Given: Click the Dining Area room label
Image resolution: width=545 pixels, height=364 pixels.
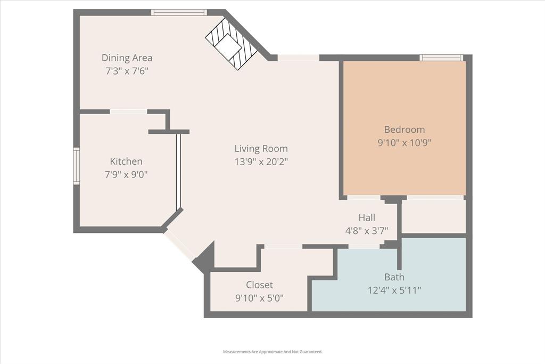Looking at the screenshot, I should pyautogui.click(x=127, y=58).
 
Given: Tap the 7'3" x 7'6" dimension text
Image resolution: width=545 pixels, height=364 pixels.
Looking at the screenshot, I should pyautogui.click(x=127, y=70).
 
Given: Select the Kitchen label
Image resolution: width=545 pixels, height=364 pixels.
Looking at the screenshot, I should pyautogui.click(x=126, y=161).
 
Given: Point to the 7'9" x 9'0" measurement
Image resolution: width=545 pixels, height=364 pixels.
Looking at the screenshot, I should pyautogui.click(x=126, y=174).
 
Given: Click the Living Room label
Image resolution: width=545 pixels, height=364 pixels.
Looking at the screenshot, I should pyautogui.click(x=261, y=149).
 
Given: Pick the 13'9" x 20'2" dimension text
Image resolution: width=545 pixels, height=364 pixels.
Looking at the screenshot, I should pyautogui.click(x=261, y=161).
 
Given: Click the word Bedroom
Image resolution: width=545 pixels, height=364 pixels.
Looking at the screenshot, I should pyautogui.click(x=404, y=130).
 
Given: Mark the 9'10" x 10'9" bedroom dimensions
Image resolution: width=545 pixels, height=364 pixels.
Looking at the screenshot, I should pyautogui.click(x=404, y=142).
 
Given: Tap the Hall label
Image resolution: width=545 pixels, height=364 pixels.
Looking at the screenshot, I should pyautogui.click(x=367, y=217).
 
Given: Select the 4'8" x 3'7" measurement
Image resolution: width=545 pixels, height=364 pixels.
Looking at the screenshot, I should pyautogui.click(x=367, y=230).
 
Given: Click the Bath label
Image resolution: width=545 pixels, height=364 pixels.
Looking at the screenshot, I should pyautogui.click(x=394, y=277).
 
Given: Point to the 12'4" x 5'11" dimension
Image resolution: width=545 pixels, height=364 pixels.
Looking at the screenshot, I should pyautogui.click(x=394, y=290).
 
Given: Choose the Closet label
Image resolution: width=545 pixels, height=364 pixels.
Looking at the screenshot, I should pyautogui.click(x=259, y=285).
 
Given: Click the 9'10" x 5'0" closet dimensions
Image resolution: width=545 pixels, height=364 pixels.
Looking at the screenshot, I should pyautogui.click(x=259, y=297).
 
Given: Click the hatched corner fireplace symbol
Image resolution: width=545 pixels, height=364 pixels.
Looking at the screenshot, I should pyautogui.click(x=232, y=44).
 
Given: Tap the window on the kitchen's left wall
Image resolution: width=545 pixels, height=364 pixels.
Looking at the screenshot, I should pyautogui.click(x=76, y=166).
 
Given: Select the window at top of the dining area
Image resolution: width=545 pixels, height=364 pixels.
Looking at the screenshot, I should pyautogui.click(x=178, y=12).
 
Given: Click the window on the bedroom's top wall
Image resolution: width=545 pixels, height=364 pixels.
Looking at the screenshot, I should pyautogui.click(x=441, y=58).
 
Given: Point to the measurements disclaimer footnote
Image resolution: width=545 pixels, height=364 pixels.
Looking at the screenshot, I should pyautogui.click(x=272, y=352).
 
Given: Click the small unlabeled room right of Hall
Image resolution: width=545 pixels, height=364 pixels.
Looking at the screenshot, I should pyautogui.click(x=434, y=216).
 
